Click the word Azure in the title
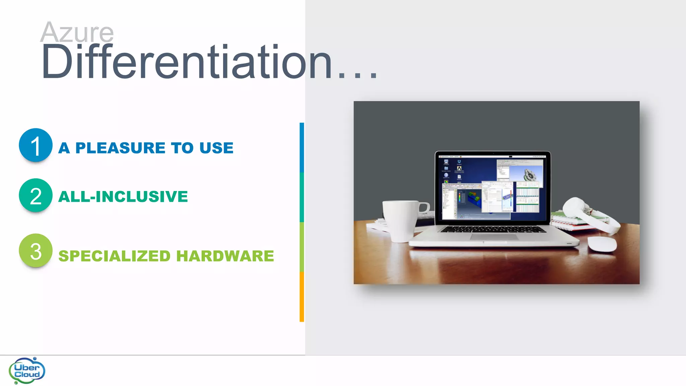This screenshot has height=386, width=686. point(77,33)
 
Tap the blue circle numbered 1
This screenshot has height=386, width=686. point(36,145)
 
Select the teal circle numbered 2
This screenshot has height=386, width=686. point(36,195)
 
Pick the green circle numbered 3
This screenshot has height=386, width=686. point(36,251)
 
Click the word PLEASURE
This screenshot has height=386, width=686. point(120,148)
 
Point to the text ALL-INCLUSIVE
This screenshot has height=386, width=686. point(123,196)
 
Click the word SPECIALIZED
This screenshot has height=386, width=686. point(115,256)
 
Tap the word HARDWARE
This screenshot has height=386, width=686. point(225,256)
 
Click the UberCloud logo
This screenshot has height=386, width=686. point(27,371)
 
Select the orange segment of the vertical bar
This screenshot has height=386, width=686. point(301,297)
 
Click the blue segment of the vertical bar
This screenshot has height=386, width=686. point(301,147)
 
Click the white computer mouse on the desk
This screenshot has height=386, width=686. point(602,244)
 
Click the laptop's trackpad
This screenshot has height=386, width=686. point(494,237)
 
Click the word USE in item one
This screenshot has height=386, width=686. point(216,148)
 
